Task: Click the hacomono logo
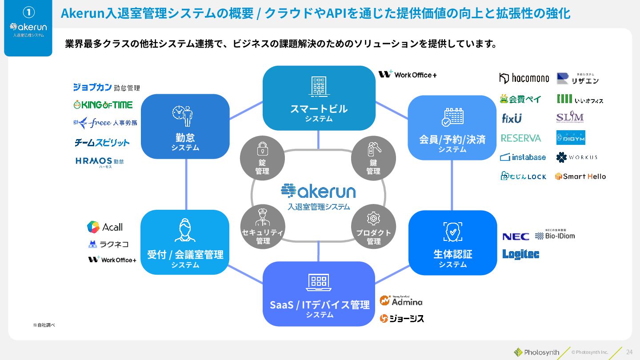(x=524, y=78)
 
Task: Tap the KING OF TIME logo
(x=103, y=105)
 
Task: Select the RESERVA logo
(x=521, y=138)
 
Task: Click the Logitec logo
(x=520, y=254)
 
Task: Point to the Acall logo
(x=105, y=227)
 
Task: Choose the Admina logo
(x=401, y=301)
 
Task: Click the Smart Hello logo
(x=580, y=176)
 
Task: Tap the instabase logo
(x=523, y=157)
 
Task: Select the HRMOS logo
(x=100, y=162)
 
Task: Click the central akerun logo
(x=318, y=191)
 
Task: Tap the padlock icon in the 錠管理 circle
(x=262, y=148)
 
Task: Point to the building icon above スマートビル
(x=319, y=86)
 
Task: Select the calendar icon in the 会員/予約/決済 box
(x=452, y=116)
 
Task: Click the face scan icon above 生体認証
(x=452, y=232)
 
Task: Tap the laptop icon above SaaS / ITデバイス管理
(x=319, y=282)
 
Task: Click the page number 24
(x=629, y=352)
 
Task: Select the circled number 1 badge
(x=28, y=12)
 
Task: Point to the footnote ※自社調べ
(x=44, y=325)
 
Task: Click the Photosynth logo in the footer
(x=536, y=352)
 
